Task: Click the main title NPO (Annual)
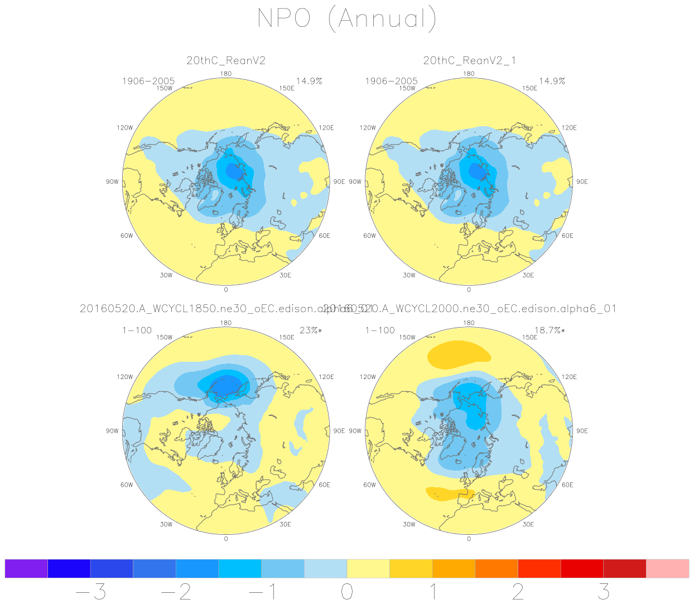click(x=346, y=18)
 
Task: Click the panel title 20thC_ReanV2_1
click(x=469, y=60)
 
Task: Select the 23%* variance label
click(x=311, y=330)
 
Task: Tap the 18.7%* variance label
click(x=550, y=330)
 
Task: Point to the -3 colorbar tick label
click(x=90, y=592)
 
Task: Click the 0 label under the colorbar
click(x=347, y=592)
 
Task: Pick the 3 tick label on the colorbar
click(x=604, y=592)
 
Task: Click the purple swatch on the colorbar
click(x=26, y=568)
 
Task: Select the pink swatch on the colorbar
click(x=667, y=568)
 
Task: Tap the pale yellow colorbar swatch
click(x=368, y=568)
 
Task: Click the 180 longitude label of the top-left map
click(x=226, y=74)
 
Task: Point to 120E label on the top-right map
click(x=569, y=128)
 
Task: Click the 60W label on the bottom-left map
click(x=127, y=485)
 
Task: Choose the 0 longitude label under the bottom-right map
click(x=469, y=539)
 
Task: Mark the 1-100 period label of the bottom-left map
click(x=137, y=330)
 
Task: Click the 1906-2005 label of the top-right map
click(x=391, y=82)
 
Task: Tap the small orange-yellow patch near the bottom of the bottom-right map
click(x=450, y=493)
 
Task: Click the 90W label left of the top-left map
click(x=112, y=182)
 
